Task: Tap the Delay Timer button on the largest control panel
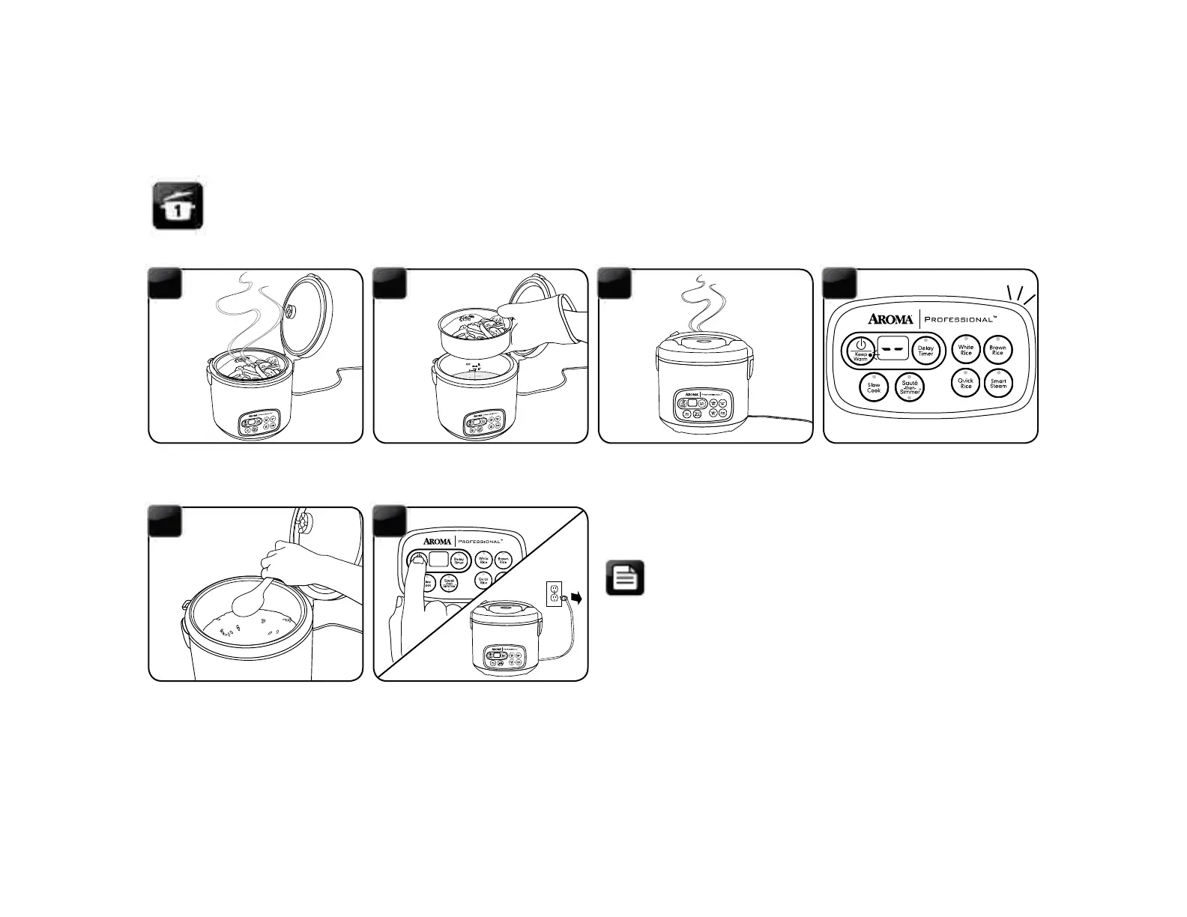(925, 350)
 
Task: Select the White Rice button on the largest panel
(966, 350)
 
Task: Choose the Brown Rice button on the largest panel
(997, 350)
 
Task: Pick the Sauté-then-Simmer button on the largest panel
(910, 387)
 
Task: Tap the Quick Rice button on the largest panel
(966, 383)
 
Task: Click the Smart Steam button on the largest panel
(998, 383)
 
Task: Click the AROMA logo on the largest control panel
(890, 318)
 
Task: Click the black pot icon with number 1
(178, 205)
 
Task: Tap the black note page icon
(625, 578)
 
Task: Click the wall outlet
(554, 594)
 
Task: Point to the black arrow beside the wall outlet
(576, 597)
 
